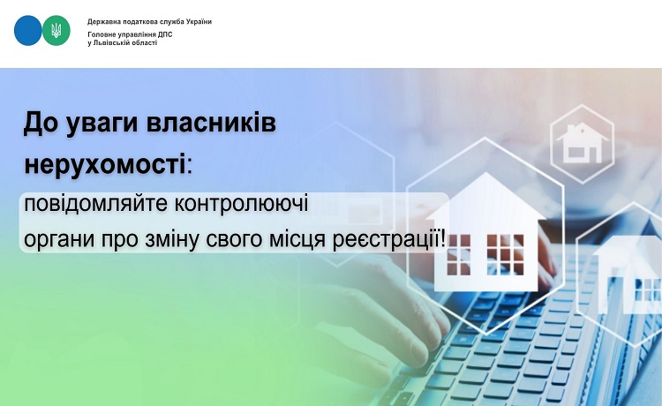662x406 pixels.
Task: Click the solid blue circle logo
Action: pyautogui.click(x=28, y=30)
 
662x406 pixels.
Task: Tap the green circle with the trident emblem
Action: pyautogui.click(x=56, y=30)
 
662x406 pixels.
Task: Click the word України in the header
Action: pyautogui.click(x=199, y=21)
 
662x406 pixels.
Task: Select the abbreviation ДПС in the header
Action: pyautogui.click(x=165, y=34)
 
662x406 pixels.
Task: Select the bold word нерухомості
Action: pyautogui.click(x=105, y=164)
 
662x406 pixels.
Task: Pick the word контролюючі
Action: pyautogui.click(x=242, y=203)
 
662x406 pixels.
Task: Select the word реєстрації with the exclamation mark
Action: pyautogui.click(x=389, y=241)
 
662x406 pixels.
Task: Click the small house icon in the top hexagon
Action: pyautogui.click(x=583, y=143)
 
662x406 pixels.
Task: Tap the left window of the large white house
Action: pyautogui.click(x=458, y=254)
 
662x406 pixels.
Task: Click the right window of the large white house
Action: pyautogui.click(x=506, y=254)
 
